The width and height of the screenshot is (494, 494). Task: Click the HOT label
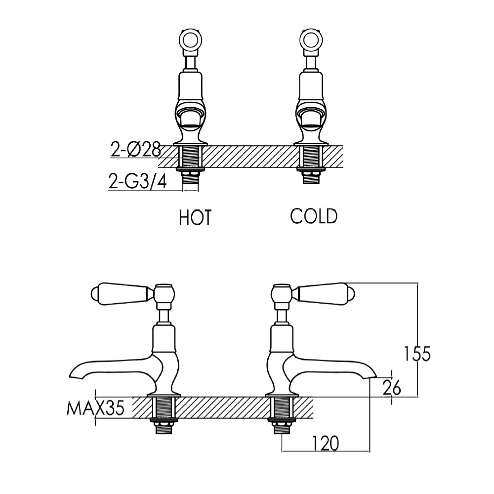(195, 217)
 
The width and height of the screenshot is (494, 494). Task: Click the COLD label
(314, 216)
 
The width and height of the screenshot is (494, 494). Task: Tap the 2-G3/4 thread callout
(137, 183)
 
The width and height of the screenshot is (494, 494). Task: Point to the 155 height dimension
(417, 354)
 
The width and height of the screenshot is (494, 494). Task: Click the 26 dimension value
(392, 388)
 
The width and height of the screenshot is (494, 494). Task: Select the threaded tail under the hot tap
(190, 163)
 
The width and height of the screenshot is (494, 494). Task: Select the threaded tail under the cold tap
(310, 163)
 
